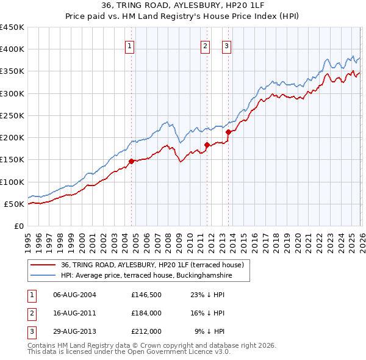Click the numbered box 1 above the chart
pyautogui.click(x=131, y=45)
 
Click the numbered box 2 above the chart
pyautogui.click(x=206, y=45)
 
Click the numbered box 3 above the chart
pyautogui.click(x=226, y=45)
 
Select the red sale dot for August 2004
pyautogui.click(x=132, y=161)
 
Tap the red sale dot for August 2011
pyautogui.click(x=207, y=145)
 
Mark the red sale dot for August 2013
pyautogui.click(x=229, y=132)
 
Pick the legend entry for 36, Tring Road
pyautogui.click(x=152, y=265)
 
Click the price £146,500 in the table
pyautogui.click(x=146, y=295)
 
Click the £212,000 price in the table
pyautogui.click(x=146, y=331)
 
